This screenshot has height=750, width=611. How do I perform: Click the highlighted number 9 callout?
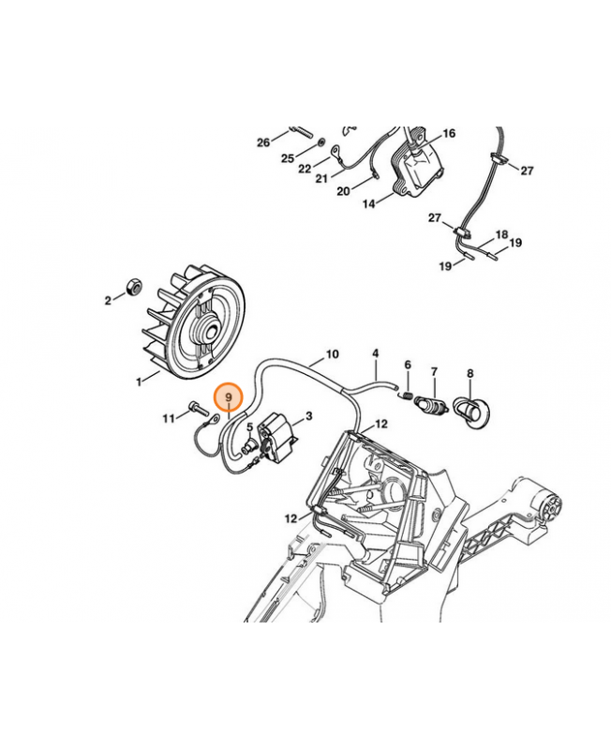tap(229, 397)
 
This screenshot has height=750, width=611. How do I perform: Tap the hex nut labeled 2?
tap(133, 287)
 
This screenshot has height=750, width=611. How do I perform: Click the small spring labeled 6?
tap(407, 395)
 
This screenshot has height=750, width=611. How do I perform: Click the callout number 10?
tap(333, 354)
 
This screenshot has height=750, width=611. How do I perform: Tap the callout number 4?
tap(376, 353)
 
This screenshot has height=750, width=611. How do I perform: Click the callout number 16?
tap(449, 133)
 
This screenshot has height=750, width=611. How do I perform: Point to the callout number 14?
tap(368, 203)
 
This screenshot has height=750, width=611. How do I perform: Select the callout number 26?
tap(263, 142)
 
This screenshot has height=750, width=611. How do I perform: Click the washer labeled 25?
tap(320, 142)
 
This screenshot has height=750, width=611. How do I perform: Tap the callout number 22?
tap(305, 169)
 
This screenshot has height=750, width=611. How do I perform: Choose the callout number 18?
tap(501, 234)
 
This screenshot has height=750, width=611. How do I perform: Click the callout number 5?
tap(249, 427)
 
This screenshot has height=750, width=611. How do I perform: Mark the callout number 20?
tap(343, 191)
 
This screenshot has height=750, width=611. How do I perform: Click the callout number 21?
tap(321, 178)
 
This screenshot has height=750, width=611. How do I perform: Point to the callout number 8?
tap(469, 373)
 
